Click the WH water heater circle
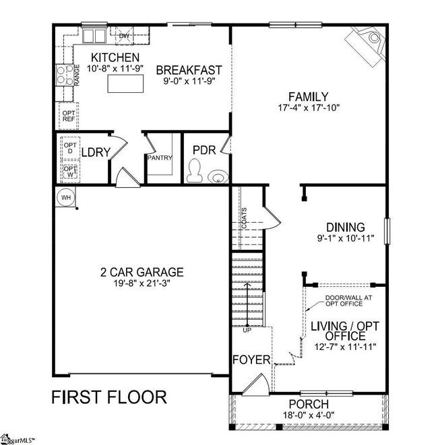click(66, 197)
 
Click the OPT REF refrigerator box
click(69, 115)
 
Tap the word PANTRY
click(160, 158)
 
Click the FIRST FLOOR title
click(108, 397)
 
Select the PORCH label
click(309, 404)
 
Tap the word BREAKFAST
click(189, 70)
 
